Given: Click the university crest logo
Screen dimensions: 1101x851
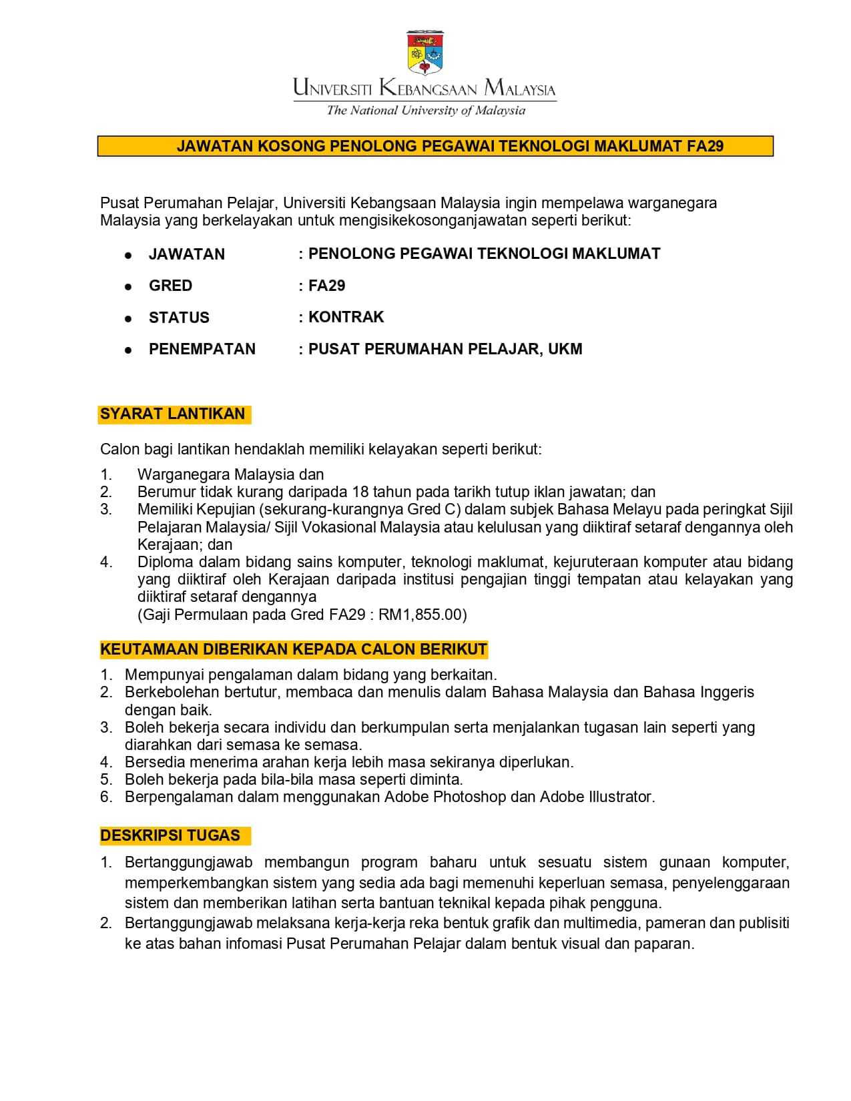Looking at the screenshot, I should (x=425, y=53).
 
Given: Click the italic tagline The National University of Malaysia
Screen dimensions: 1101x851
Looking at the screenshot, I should (x=426, y=111).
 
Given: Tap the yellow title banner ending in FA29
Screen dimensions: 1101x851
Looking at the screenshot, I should (x=435, y=146).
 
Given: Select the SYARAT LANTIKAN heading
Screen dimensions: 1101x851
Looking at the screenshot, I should (x=173, y=414).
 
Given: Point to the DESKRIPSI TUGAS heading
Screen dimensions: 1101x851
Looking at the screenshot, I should (x=170, y=836).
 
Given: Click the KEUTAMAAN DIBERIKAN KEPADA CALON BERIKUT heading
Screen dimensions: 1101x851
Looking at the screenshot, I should (x=294, y=650).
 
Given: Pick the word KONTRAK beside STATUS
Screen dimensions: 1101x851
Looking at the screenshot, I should (x=346, y=317).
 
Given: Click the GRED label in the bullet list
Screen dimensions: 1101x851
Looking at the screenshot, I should (x=170, y=286).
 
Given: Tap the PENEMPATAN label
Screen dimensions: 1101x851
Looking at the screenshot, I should (x=202, y=349).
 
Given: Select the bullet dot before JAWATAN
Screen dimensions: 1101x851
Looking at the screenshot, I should (x=128, y=255).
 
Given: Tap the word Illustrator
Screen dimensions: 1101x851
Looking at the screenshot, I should (x=620, y=797).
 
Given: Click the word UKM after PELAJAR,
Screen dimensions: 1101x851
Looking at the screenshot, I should (x=565, y=349).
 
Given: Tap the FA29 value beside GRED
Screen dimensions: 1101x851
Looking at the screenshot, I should (x=326, y=286).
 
